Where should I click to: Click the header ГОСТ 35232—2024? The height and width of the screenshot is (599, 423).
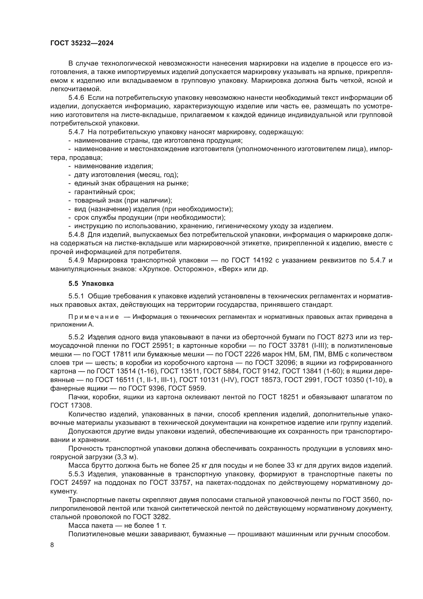pyautogui.click(x=82, y=43)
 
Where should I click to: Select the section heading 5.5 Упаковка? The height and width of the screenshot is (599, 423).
pyautogui.click(x=91, y=283)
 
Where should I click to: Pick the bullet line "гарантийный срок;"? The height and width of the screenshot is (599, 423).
pyautogui.click(x=104, y=192)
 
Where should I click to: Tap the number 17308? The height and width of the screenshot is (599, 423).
pyautogui.click(x=81, y=406)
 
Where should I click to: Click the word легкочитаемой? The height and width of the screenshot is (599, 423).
pyautogui.click(x=75, y=89)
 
